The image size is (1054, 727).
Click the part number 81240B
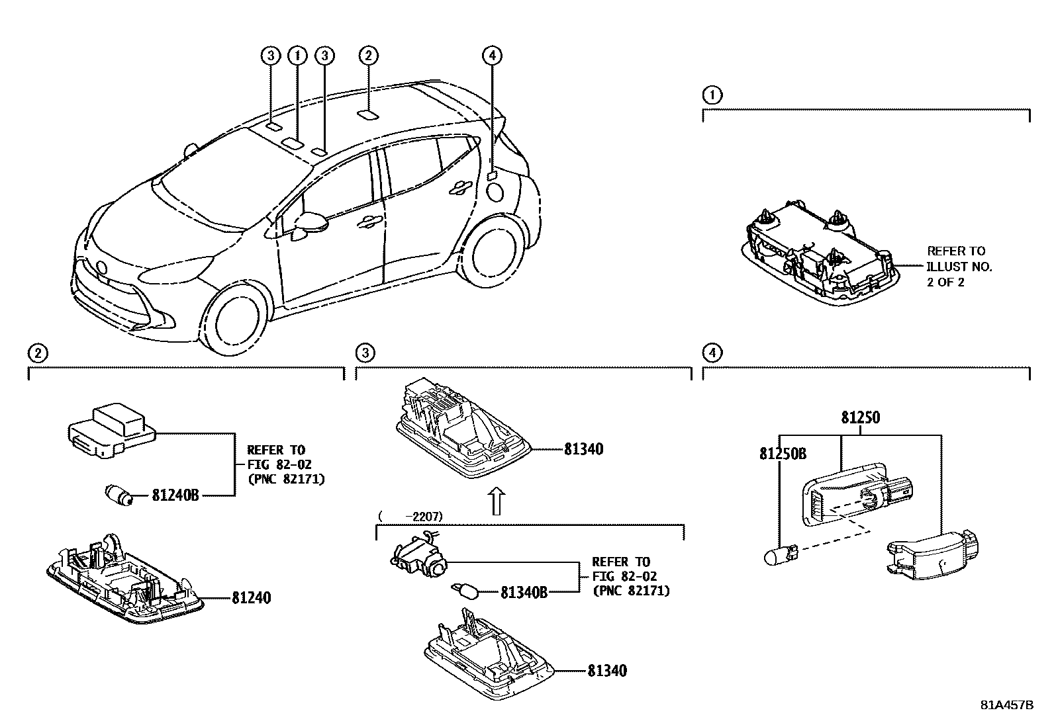tap(175, 494)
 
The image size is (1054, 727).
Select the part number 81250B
tap(783, 454)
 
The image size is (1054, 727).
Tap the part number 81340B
tap(524, 593)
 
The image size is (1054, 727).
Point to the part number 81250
tap(861, 418)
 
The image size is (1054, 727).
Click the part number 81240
tap(251, 598)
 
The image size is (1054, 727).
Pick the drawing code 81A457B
tap(1006, 705)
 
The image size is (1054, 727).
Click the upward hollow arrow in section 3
tap(495, 501)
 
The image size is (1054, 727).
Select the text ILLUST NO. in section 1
tap(959, 267)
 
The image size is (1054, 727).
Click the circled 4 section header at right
tap(712, 353)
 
